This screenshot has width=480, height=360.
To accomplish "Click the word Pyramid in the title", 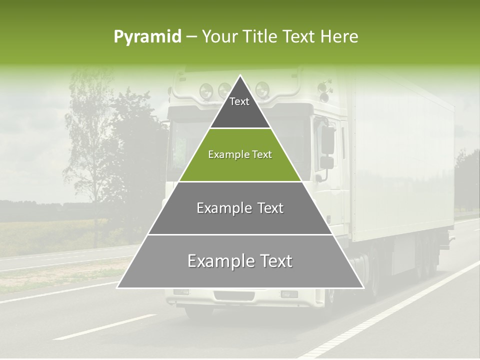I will [x=147, y=37].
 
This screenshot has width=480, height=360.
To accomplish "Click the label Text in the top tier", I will [x=239, y=101].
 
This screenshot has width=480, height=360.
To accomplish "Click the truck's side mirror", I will [x=327, y=140].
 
